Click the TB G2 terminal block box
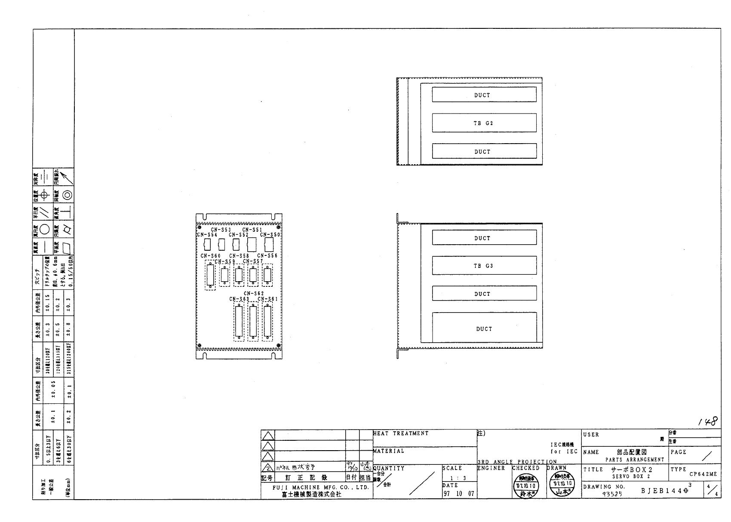[484, 123]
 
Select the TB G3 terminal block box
[484, 266]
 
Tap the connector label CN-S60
[210, 256]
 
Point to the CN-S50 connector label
[270, 235]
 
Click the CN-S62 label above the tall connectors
[254, 294]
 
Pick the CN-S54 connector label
[207, 235]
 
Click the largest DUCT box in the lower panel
[484, 329]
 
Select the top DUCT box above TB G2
[484, 95]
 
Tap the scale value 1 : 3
[458, 478]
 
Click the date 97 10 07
[458, 494]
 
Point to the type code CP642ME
[703, 474]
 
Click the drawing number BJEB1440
[664, 490]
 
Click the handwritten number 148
[708, 422]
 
